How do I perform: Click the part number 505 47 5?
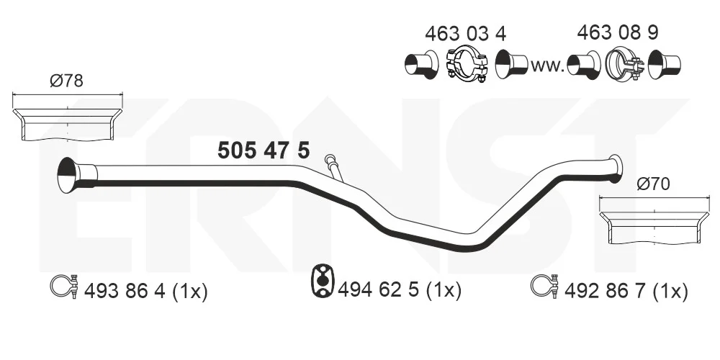point(264,150)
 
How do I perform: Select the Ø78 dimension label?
point(66,81)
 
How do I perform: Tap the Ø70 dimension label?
point(653,184)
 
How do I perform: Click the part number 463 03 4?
point(465,34)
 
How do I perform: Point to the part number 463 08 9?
point(618,32)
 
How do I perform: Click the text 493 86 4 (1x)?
point(145,291)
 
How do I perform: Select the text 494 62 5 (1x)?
point(399,289)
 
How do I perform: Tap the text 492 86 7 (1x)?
point(626,291)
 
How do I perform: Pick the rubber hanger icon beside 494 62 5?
point(323,280)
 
